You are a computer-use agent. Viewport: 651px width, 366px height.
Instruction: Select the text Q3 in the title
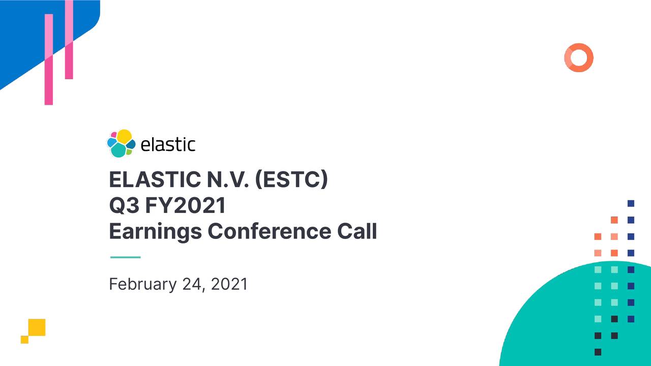click(x=123, y=206)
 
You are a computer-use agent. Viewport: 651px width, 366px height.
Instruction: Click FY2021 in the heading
click(x=185, y=206)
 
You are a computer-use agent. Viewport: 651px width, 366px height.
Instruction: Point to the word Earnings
click(x=155, y=232)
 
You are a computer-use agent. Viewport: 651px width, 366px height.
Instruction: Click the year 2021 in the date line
click(x=229, y=284)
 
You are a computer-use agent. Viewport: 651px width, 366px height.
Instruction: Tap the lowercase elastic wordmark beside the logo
click(x=167, y=144)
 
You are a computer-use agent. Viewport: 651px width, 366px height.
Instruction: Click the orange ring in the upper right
click(x=579, y=57)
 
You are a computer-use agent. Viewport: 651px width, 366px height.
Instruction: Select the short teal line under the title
click(x=125, y=257)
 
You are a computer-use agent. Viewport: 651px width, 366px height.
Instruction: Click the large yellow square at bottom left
click(x=37, y=327)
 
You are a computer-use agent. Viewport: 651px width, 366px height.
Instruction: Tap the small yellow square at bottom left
click(x=24, y=340)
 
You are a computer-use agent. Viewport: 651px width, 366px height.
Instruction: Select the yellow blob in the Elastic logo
click(x=125, y=136)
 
